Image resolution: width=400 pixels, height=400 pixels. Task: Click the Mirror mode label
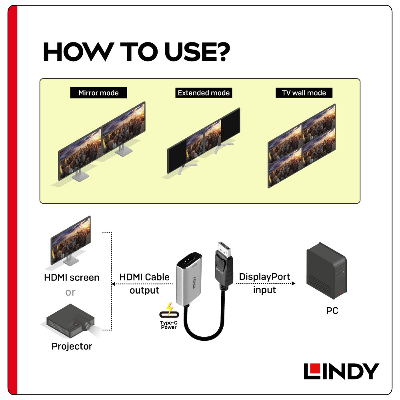coord(98,93)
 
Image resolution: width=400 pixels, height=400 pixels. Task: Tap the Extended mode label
coord(204,93)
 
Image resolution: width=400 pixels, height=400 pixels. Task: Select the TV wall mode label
coord(304,93)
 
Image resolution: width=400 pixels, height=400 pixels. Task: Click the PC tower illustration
coord(326,270)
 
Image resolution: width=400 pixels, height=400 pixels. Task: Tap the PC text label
coord(332,311)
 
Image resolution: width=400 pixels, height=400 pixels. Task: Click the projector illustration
coord(70,320)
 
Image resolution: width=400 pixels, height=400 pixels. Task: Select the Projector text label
coord(72,346)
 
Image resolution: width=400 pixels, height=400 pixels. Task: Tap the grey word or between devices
coord(70,292)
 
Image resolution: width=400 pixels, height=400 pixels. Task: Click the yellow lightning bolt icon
coord(170,308)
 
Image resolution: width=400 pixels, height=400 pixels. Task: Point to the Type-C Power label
coord(169,325)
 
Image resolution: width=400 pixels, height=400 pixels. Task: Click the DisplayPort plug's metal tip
coord(224,249)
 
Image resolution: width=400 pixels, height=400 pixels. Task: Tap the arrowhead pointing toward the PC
coord(293,284)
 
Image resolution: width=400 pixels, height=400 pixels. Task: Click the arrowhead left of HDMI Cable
coord(114,284)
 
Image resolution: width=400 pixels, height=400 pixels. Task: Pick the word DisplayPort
coord(264,277)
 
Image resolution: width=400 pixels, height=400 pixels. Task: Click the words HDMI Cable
coord(144,277)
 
